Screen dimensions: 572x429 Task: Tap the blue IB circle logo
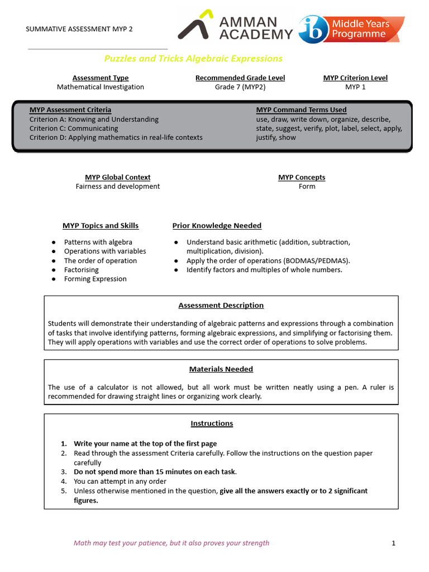point(314,29)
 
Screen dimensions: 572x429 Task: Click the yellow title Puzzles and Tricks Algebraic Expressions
point(193,59)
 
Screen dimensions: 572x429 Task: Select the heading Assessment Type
point(101,78)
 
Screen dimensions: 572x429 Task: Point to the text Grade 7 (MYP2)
point(240,87)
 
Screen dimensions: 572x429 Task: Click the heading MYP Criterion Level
point(355,78)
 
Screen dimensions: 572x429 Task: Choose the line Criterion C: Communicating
point(74,128)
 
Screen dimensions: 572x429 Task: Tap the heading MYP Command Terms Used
point(301,110)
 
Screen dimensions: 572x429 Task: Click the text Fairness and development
point(118,186)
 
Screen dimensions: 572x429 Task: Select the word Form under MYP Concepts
point(307,186)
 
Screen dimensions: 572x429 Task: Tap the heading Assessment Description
point(221,306)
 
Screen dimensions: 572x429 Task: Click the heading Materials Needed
point(221,369)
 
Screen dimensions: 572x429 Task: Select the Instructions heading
point(212,423)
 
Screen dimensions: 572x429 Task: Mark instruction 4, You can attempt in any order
point(120,481)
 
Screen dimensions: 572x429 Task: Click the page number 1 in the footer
point(394,543)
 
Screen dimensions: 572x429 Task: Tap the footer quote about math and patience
point(171,543)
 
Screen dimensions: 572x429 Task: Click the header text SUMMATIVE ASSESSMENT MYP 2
point(80,29)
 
